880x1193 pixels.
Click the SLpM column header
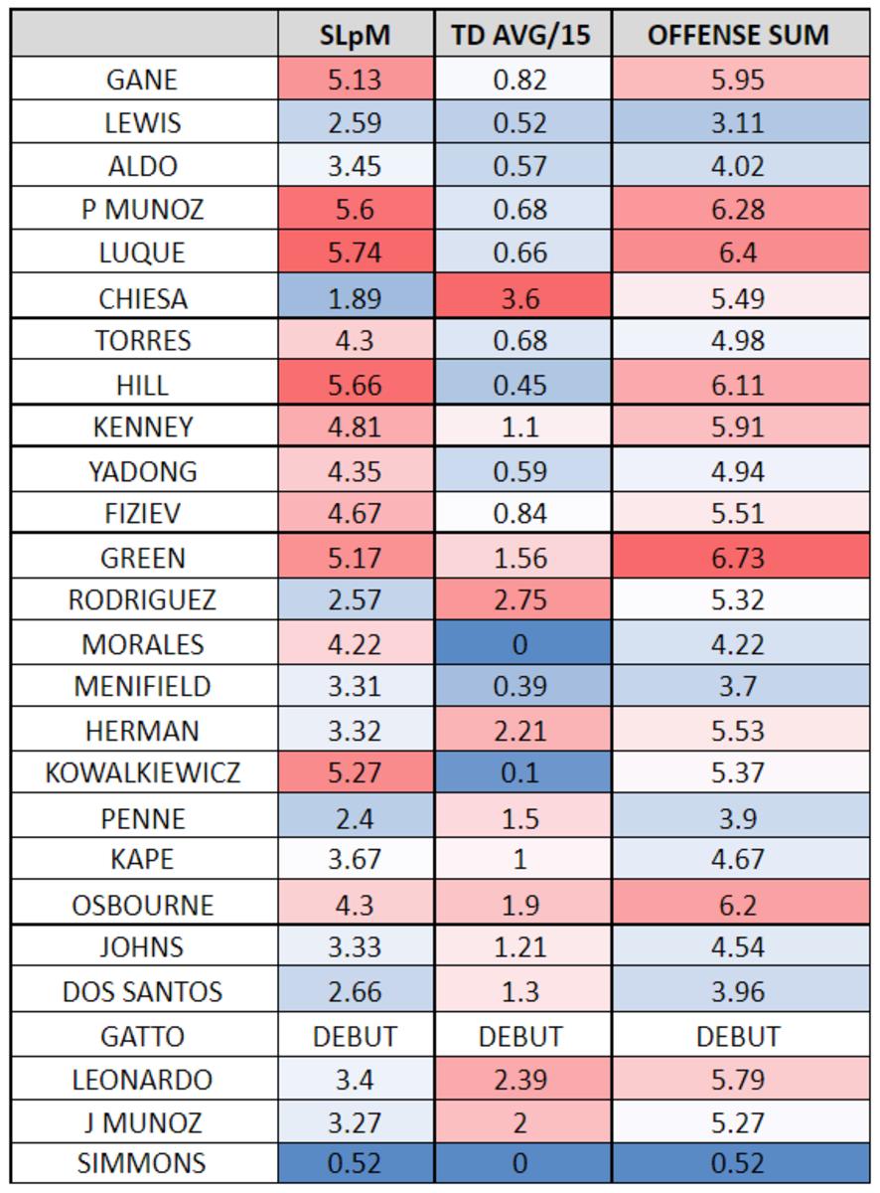(x=356, y=36)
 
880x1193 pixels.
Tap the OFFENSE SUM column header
(x=738, y=36)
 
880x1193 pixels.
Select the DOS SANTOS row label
(x=143, y=991)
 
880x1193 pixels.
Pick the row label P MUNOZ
(x=143, y=210)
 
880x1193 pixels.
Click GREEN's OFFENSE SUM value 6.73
(x=738, y=558)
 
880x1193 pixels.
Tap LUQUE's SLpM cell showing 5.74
(x=356, y=253)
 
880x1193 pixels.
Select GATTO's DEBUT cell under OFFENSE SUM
(x=738, y=1036)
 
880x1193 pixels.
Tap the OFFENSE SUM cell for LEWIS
(x=738, y=123)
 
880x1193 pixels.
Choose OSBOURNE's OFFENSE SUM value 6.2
(x=738, y=905)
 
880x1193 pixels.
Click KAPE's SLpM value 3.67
(x=356, y=861)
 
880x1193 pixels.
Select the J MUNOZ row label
(x=143, y=1122)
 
